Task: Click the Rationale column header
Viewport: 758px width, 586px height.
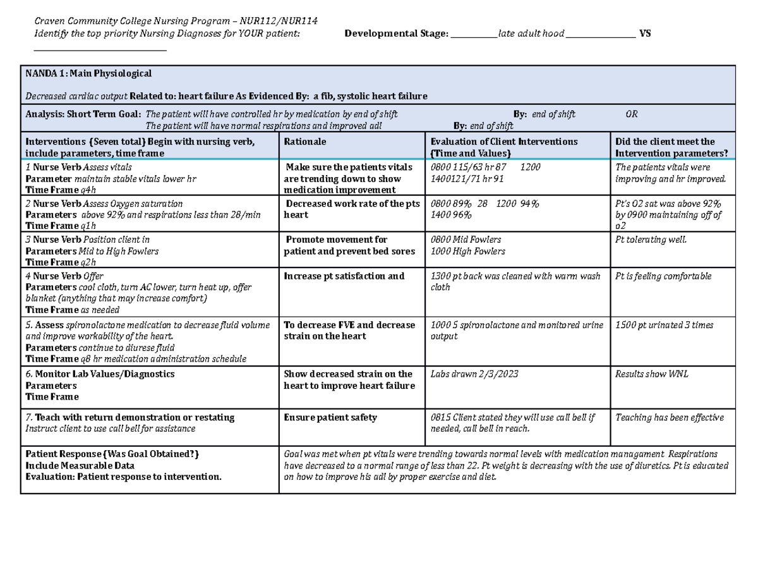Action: coord(305,142)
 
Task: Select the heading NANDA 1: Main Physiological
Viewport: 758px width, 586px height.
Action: coord(88,74)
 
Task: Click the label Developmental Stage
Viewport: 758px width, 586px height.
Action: coord(395,34)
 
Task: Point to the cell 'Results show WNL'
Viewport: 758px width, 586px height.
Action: coord(651,374)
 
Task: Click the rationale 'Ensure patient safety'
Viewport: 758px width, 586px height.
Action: coord(330,417)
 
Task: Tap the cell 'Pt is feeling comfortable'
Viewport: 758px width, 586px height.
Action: coord(663,276)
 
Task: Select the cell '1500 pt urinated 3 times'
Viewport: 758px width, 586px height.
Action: coord(664,325)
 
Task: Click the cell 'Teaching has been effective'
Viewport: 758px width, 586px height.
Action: coord(669,417)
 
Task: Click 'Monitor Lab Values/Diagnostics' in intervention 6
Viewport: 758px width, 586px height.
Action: coord(105,374)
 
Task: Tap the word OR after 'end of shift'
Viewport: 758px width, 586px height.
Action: coord(631,114)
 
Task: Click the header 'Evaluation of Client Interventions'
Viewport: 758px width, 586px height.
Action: coord(503,142)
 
